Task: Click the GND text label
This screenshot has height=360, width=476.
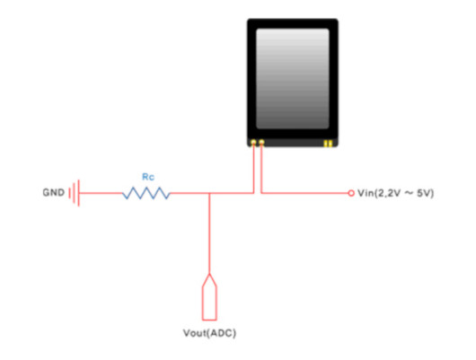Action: pyautogui.click(x=53, y=192)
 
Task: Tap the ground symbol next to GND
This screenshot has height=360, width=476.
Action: pyautogui.click(x=74, y=193)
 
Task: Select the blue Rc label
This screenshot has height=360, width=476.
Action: pyautogui.click(x=148, y=177)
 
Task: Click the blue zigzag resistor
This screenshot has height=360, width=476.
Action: pyautogui.click(x=146, y=193)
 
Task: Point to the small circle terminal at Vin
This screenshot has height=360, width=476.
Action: pyautogui.click(x=351, y=193)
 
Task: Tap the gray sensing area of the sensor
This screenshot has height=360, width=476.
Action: pyautogui.click(x=293, y=78)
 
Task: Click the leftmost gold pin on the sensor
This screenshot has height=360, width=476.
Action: pyautogui.click(x=253, y=142)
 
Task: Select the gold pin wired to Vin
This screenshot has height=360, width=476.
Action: pyautogui.click(x=261, y=142)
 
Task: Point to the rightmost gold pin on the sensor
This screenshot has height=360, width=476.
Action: pyautogui.click(x=331, y=144)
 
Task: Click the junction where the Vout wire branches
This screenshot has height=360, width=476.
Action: pyautogui.click(x=209, y=193)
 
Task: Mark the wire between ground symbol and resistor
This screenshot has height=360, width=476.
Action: pyautogui.click(x=101, y=193)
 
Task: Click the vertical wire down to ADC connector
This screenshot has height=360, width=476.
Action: pyautogui.click(x=209, y=233)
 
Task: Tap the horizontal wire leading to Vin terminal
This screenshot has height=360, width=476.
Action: pyautogui.click(x=304, y=193)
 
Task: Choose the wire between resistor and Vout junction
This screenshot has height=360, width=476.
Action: pyautogui.click(x=190, y=193)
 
